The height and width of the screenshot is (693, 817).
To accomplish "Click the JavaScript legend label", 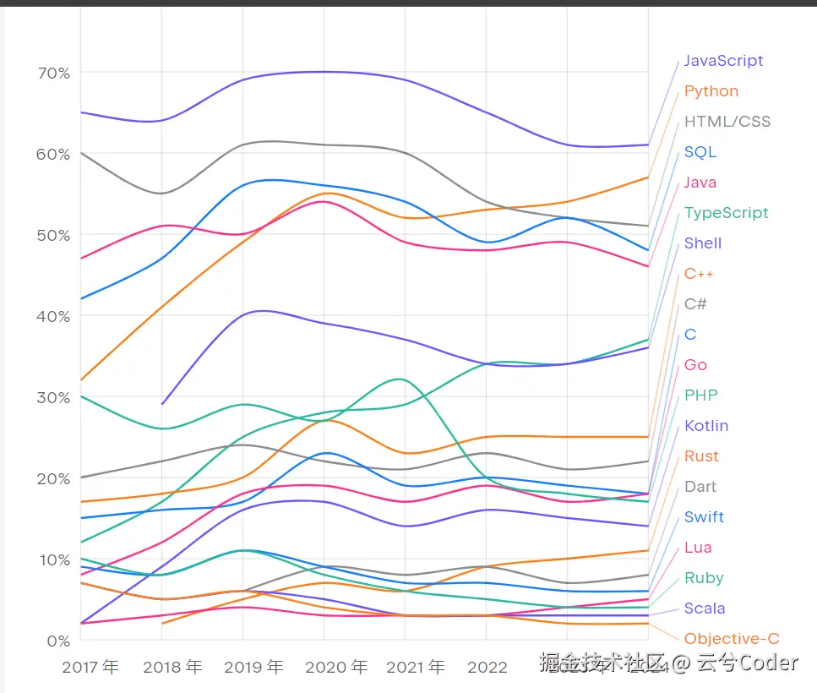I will point(723,61).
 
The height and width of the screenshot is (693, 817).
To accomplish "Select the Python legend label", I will point(711,91).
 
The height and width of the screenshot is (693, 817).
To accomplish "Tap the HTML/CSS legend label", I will point(727,122).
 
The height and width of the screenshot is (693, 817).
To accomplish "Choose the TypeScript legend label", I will point(727,213).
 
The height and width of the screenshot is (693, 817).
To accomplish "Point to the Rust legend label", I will point(701,456).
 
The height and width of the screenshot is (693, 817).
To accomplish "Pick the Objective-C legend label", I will point(732,639).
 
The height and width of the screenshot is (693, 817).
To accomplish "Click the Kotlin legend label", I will point(706,426).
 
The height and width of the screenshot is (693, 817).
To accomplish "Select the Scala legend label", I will point(705,608).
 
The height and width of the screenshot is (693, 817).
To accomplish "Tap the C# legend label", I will point(695,304).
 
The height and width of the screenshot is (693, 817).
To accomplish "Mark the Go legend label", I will point(695,365).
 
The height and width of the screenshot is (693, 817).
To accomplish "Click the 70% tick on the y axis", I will point(53,74).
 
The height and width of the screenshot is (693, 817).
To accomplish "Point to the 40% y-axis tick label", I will point(53,316).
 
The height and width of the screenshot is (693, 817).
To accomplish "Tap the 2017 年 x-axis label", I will point(90,668).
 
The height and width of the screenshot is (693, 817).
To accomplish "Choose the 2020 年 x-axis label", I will point(336,668).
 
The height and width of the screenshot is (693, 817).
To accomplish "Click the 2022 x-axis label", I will point(486,668).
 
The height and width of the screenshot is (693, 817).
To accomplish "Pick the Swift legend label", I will point(704,517).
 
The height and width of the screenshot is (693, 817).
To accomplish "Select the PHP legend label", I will point(701,396).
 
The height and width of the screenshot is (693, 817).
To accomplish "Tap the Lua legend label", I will point(698,548).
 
